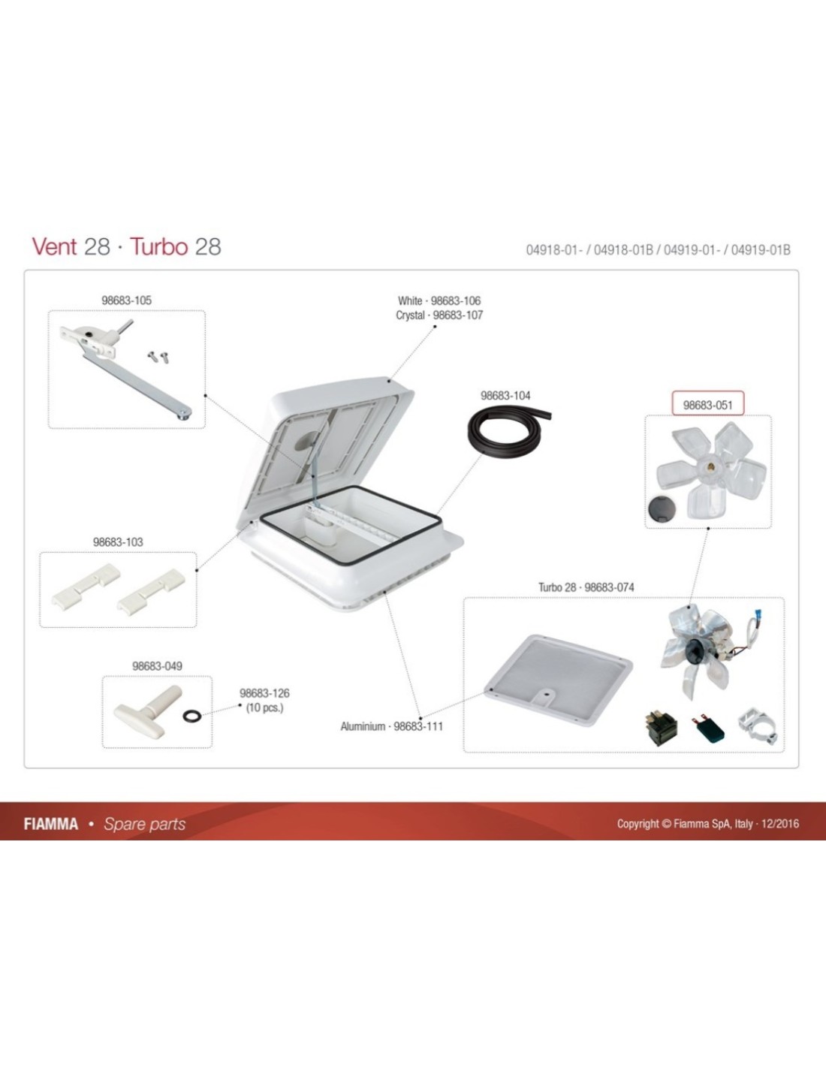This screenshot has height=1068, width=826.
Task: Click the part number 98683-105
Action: pos(126,300)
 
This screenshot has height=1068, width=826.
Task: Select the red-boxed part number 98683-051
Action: pos(707,406)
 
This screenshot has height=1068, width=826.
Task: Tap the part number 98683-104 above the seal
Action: pos(505,396)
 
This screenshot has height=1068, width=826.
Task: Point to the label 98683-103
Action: pos(118,542)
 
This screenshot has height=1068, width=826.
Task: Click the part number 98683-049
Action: pos(157,666)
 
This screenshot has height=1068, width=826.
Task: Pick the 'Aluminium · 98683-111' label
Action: pos(392,726)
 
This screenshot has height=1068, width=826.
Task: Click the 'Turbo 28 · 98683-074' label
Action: pos(586,587)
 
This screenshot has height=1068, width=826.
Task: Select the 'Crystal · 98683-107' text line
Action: pos(439,315)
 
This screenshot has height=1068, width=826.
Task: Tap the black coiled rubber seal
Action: pos(506,432)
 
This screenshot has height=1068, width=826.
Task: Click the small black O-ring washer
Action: pos(191,716)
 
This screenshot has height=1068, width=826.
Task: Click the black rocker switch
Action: pos(660,728)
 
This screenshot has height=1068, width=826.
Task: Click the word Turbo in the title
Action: pos(158,246)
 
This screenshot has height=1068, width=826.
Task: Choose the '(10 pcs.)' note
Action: pos(264,707)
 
